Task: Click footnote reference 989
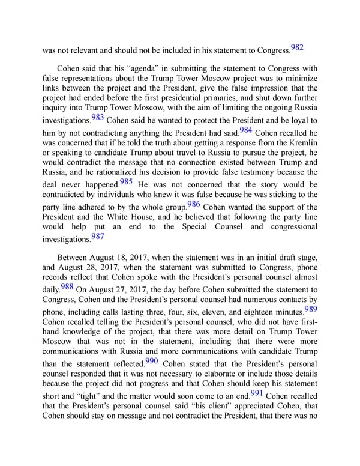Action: tap(311, 309)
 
